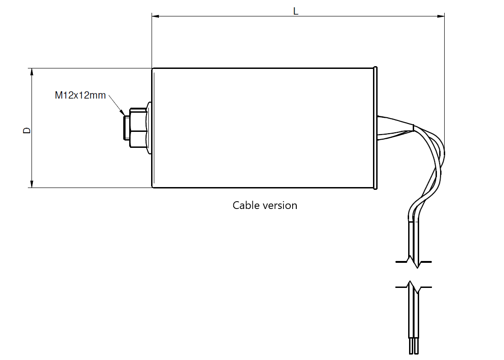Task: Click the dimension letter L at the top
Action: [296, 11]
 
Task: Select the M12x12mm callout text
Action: [80, 95]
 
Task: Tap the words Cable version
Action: [265, 205]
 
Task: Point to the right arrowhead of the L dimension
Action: [441, 16]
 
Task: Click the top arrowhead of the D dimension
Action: [31, 72]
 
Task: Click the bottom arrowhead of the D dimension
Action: [31, 184]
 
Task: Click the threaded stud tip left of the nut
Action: [126, 128]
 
